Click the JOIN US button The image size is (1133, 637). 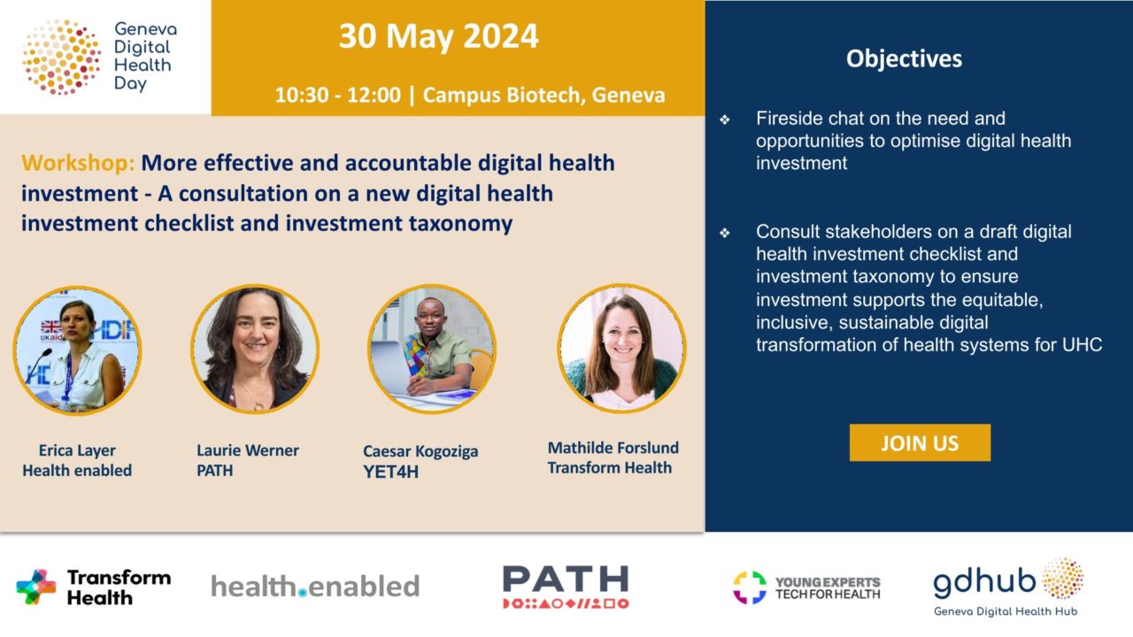click(920, 442)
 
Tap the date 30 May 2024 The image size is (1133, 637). click(438, 36)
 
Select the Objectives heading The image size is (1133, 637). click(904, 58)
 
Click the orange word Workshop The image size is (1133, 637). click(78, 164)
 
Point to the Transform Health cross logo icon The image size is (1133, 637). click(36, 587)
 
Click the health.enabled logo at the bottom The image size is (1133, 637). click(315, 587)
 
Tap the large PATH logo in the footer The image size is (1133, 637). click(566, 587)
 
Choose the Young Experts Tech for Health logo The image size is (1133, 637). click(806, 587)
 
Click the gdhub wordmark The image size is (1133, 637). click(984, 582)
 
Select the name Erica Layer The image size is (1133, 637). click(77, 450)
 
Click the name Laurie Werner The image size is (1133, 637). click(247, 450)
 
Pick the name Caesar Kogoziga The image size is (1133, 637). click(420, 451)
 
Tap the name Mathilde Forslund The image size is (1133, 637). click(613, 448)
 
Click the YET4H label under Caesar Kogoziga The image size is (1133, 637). click(390, 472)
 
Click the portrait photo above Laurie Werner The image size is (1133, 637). click(254, 349)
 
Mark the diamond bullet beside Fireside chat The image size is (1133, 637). click(725, 119)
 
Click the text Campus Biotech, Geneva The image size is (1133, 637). click(543, 95)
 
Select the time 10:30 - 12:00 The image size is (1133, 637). click(338, 95)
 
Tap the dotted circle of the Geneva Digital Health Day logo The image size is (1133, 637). click(61, 58)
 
